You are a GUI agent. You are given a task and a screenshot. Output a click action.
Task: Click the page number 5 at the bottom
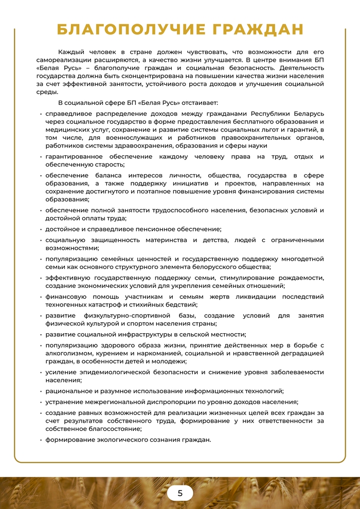tap(180, 493)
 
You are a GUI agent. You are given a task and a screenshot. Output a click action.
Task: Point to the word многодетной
tap(302, 259)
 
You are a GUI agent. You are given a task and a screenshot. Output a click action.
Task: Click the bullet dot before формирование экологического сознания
tap(41, 440)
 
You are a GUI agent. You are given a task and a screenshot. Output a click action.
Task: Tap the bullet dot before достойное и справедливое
tap(41, 229)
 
